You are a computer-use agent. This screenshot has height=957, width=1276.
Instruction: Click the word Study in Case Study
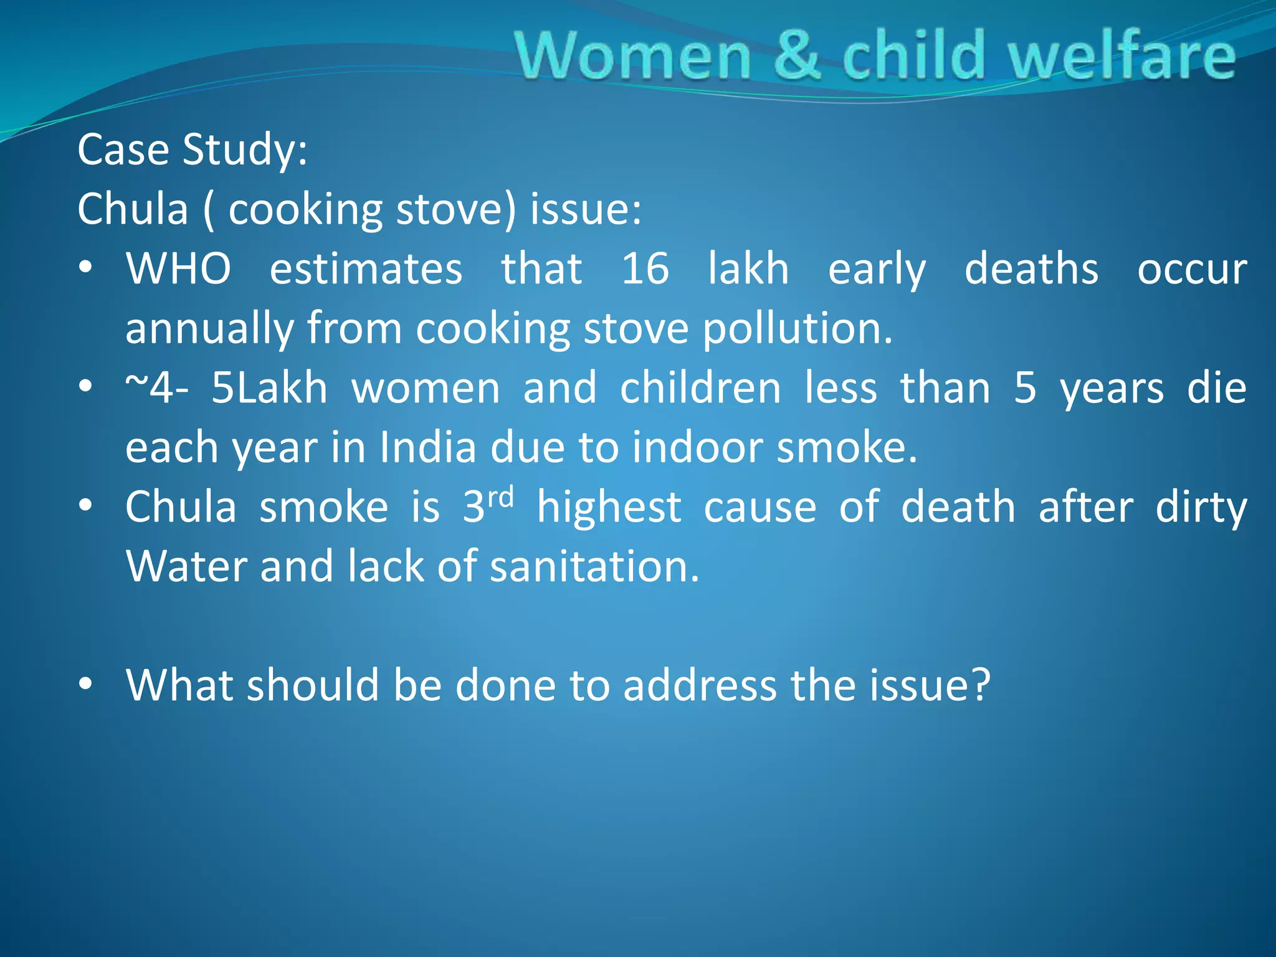244,151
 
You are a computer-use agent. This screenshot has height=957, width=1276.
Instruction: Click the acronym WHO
179,269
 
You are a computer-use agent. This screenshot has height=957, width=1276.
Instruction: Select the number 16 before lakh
645,269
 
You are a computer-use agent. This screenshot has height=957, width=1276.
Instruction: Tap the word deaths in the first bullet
1031,269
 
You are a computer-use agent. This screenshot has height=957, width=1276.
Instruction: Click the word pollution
797,329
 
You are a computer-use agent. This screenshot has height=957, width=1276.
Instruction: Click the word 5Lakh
269,388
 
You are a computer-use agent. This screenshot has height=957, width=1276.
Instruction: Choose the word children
700,388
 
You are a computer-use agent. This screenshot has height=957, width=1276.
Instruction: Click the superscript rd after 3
501,498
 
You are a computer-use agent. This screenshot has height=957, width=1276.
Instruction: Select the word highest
609,507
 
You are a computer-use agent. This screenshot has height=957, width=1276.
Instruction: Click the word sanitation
594,567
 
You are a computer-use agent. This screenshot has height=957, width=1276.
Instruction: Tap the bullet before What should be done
86,684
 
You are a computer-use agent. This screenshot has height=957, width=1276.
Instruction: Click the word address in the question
700,686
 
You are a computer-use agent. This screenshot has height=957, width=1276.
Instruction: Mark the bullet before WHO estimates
86,268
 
